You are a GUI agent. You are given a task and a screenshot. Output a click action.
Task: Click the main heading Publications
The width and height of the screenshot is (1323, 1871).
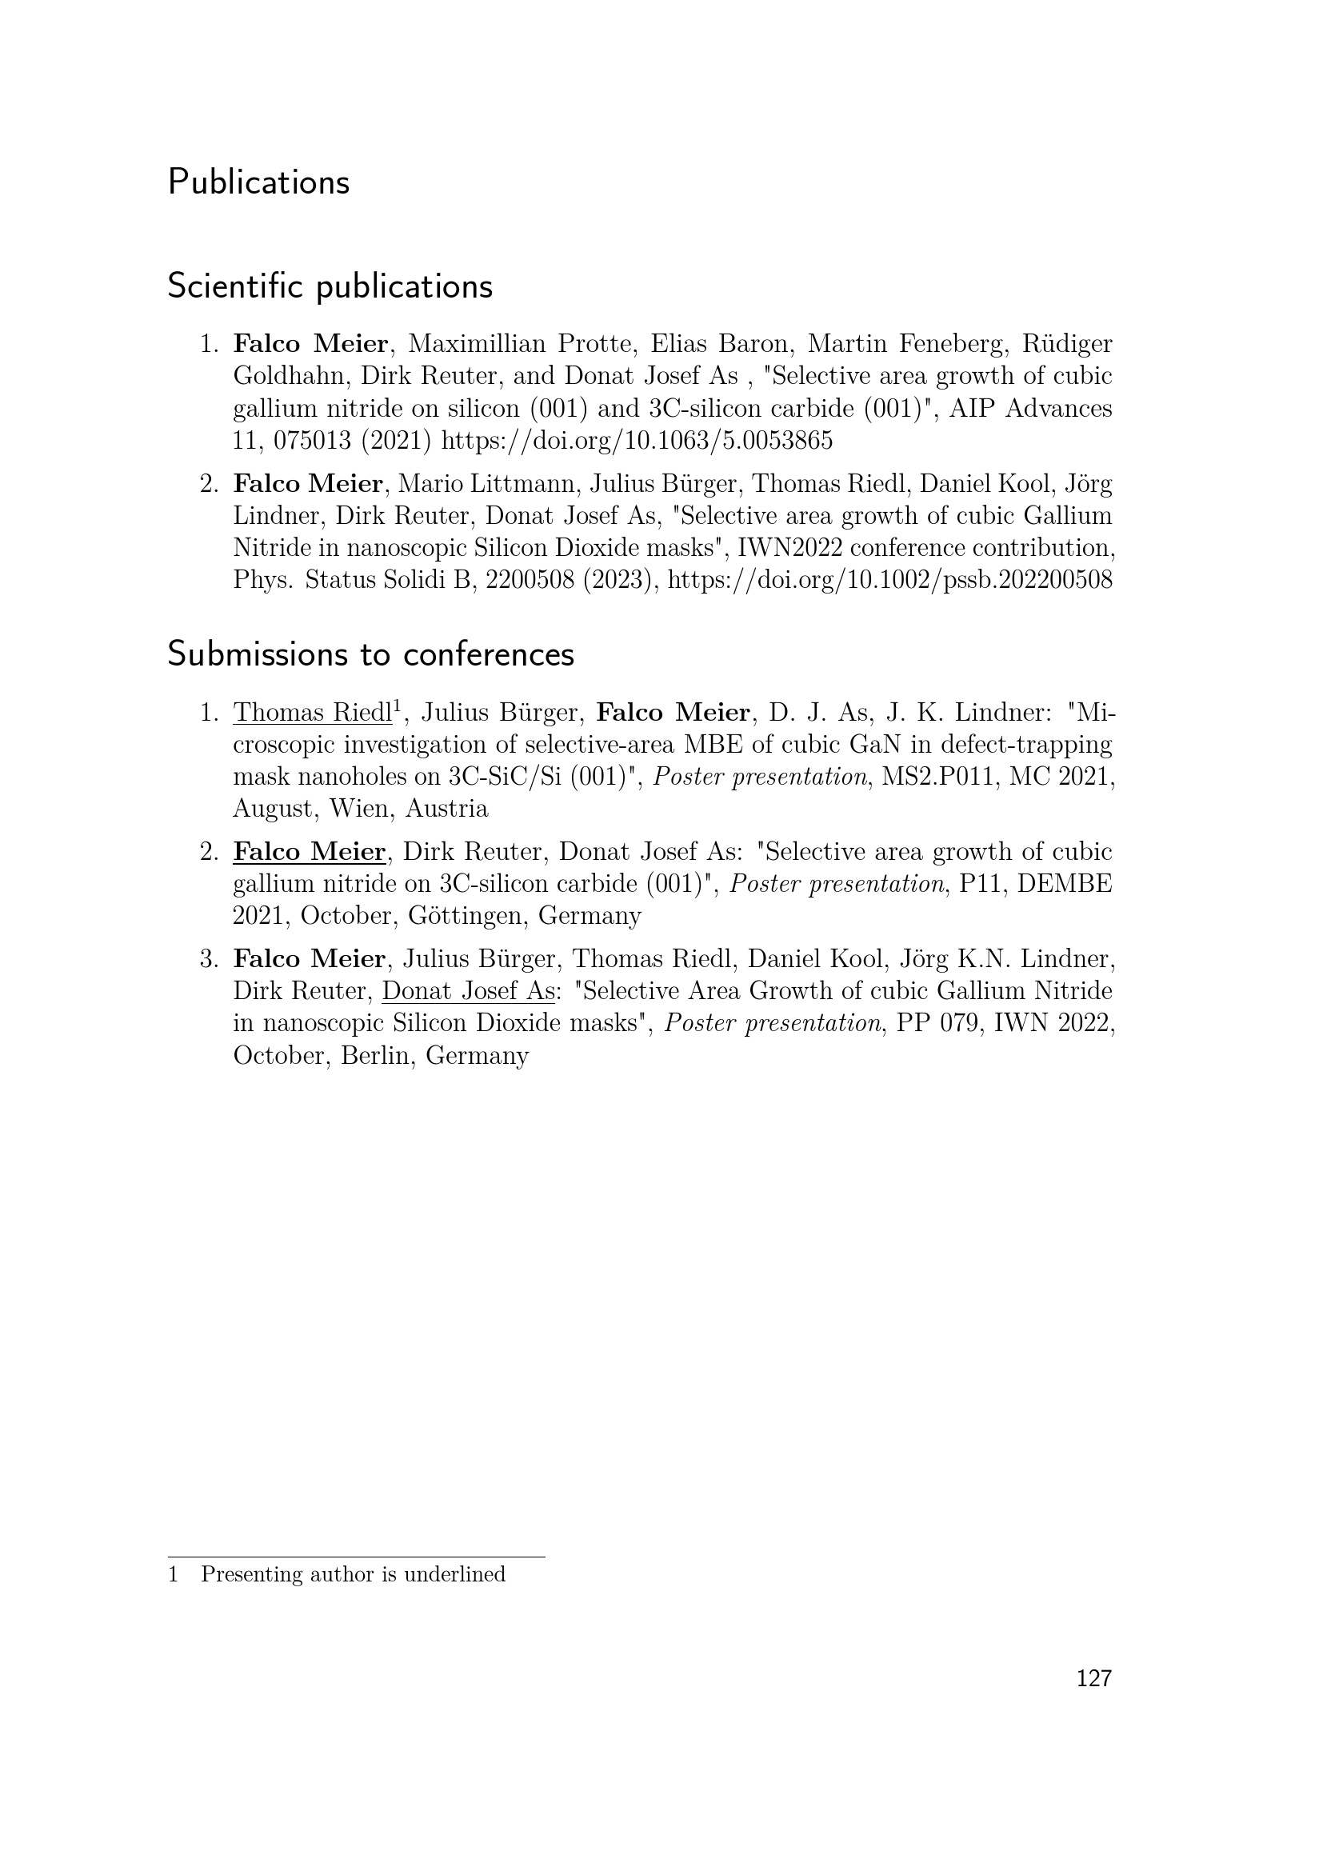pos(258,182)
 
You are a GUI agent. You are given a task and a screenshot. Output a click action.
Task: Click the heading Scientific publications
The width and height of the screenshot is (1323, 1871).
pos(330,287)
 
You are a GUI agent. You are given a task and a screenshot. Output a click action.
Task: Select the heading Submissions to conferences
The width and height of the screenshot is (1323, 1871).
pos(370,654)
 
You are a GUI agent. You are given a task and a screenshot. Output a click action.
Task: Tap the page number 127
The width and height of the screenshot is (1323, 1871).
pos(1093,1679)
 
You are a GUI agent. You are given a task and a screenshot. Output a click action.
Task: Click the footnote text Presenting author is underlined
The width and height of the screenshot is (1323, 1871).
pos(353,1574)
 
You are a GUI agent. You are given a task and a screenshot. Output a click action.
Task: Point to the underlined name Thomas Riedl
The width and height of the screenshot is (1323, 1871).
pos(313,713)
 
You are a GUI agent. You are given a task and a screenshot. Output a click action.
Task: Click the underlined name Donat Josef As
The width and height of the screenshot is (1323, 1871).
pos(469,992)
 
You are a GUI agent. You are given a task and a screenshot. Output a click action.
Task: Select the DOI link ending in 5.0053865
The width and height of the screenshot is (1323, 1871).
pos(637,442)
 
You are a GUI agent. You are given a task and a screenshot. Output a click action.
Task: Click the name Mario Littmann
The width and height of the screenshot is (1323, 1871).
pos(488,484)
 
